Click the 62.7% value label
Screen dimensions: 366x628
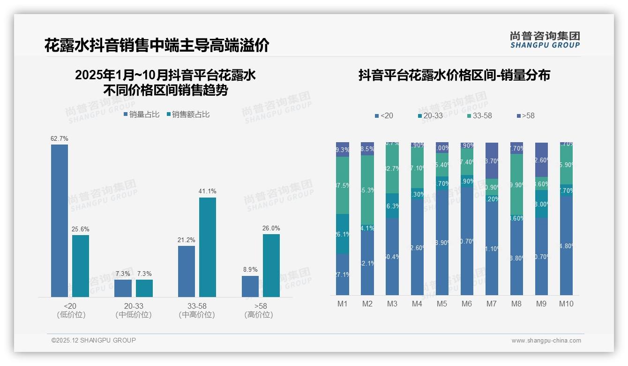[x=60, y=139]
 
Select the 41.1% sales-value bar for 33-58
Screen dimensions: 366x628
[x=208, y=247]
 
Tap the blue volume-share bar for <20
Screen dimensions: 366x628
[x=60, y=221]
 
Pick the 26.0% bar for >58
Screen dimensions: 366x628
[x=271, y=265]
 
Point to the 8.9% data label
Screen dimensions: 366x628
[x=250, y=270]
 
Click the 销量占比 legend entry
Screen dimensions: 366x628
[x=142, y=114]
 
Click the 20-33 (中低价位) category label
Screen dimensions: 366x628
[x=134, y=310]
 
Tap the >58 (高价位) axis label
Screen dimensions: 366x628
[x=259, y=310]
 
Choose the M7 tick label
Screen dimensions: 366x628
[x=492, y=304]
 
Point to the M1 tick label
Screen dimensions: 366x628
[x=343, y=304]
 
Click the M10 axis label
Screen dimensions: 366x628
[x=566, y=304]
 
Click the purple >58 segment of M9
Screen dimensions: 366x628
[x=541, y=160]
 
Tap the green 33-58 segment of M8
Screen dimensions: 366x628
[x=516, y=184]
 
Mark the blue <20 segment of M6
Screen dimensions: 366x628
[x=467, y=241]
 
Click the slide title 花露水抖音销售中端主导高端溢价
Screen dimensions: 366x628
[x=157, y=46]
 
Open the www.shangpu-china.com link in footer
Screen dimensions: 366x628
[x=546, y=341]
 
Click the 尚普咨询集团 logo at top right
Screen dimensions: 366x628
[x=545, y=39]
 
